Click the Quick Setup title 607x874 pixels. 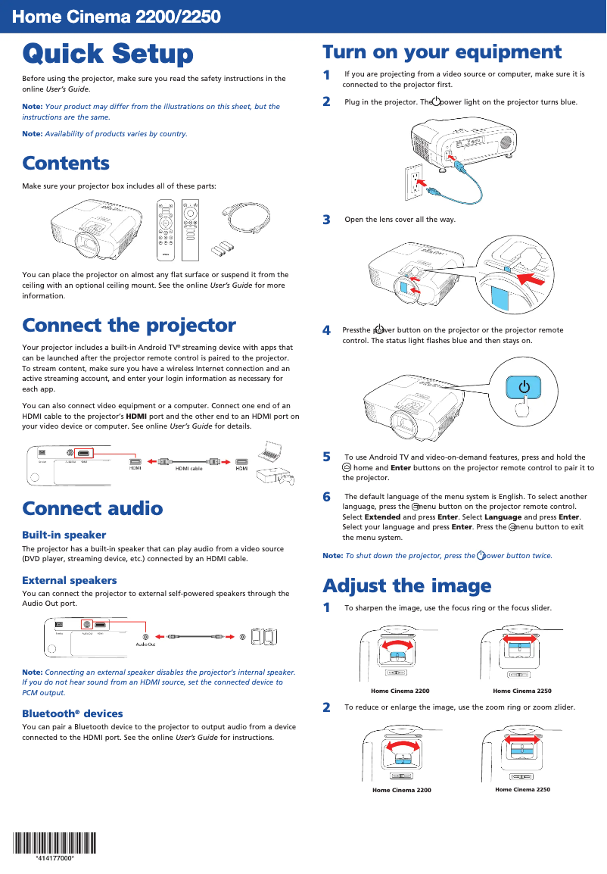pos(107,55)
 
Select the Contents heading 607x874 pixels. pos(66,163)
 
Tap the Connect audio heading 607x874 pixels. pos(92,507)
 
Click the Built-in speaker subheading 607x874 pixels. pos(64,535)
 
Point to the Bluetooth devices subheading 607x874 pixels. pos(73,713)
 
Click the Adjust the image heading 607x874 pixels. pos(406,585)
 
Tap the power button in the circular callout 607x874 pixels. pos(524,388)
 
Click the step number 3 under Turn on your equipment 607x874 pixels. pos(326,220)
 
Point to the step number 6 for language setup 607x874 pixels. pos(326,497)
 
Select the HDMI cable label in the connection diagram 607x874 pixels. pos(189,469)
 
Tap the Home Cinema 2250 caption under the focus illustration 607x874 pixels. pos(521,691)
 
